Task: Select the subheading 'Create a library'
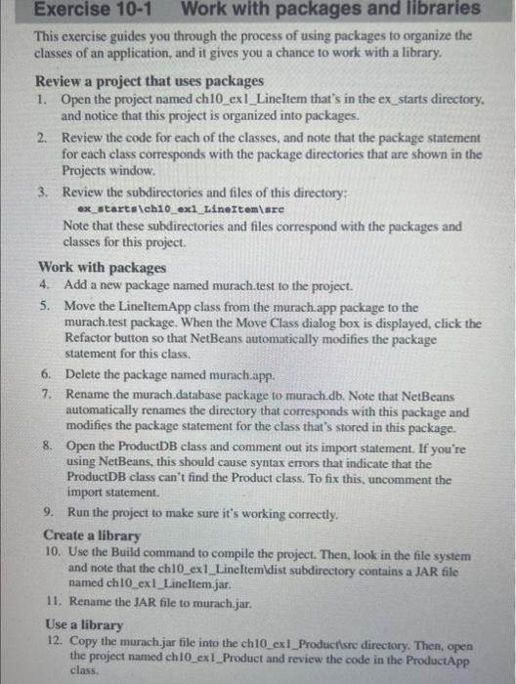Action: pos(92,535)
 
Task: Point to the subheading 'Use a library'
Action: pos(86,623)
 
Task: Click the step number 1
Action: pos(40,101)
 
